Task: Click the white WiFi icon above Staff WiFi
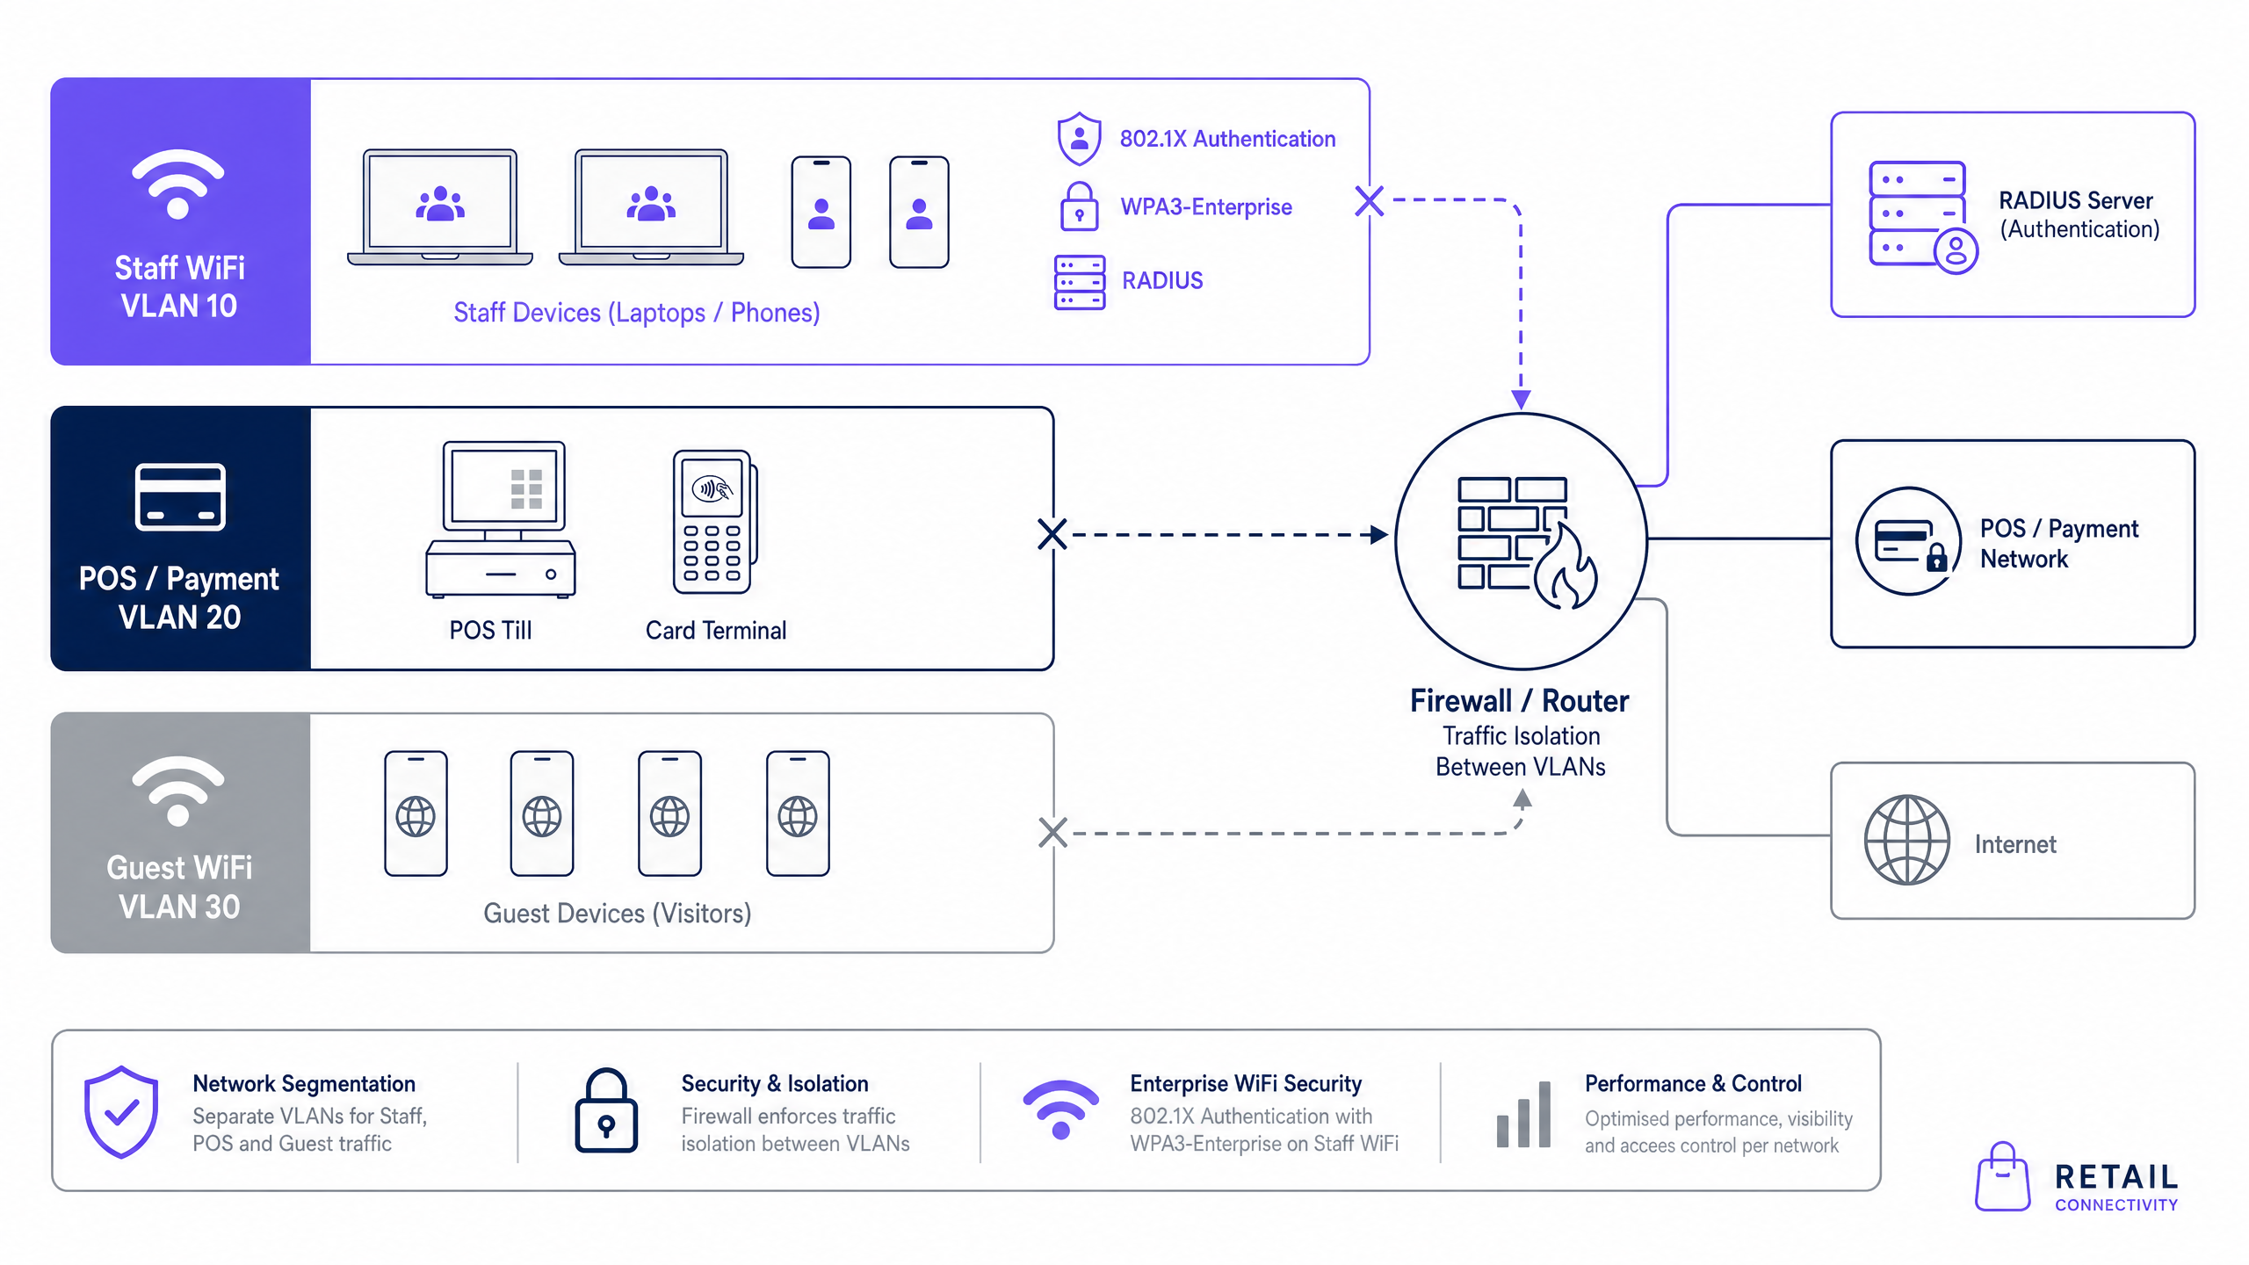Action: [x=178, y=184]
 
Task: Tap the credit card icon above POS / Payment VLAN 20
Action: [x=180, y=497]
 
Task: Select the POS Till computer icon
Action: [x=501, y=519]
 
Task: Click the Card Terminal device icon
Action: [x=715, y=521]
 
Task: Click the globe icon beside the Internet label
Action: [x=1907, y=840]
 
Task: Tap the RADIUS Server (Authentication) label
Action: [x=2079, y=214]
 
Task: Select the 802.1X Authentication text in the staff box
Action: [x=1227, y=139]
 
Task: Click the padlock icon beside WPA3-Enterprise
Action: [x=1079, y=206]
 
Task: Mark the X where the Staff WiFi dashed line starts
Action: [x=1370, y=201]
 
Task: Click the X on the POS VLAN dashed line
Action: [x=1052, y=534]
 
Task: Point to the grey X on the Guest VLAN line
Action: [x=1052, y=833]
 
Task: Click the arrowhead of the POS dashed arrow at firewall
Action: [x=1379, y=534]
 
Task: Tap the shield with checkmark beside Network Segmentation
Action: [x=121, y=1112]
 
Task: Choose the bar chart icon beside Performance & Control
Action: [x=1523, y=1114]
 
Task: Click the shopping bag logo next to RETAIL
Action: [x=2002, y=1176]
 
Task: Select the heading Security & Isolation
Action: [x=775, y=1084]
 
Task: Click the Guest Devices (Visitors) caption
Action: [x=618, y=914]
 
